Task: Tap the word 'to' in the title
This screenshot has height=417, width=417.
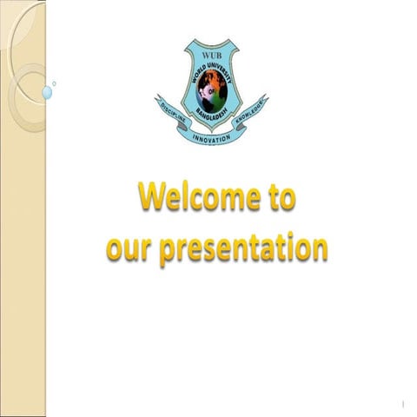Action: pyautogui.click(x=278, y=199)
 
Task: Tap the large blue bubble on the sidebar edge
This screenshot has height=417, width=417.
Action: pyautogui.click(x=46, y=91)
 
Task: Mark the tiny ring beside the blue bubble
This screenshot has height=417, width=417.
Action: pyautogui.click(x=55, y=83)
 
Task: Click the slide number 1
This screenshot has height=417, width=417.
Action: pyautogui.click(x=405, y=405)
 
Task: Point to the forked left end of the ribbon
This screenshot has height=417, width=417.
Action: pyautogui.click(x=159, y=102)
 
